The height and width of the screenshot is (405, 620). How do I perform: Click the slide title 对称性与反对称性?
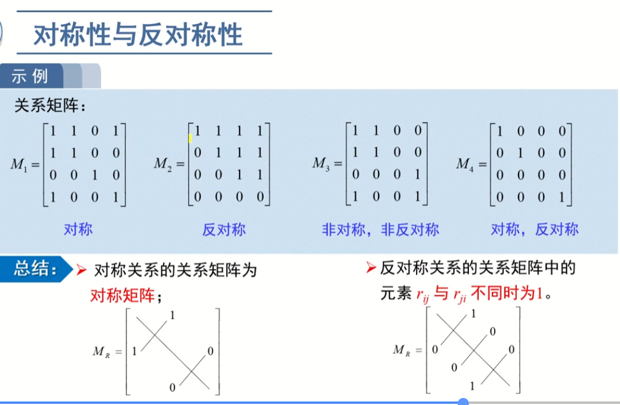pos(138,35)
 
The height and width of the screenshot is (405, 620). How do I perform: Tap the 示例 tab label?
pos(29,77)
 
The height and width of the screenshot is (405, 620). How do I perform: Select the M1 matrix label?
pos(20,164)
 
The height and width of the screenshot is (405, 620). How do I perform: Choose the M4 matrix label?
pos(466,164)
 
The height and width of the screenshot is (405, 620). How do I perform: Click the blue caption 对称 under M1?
pos(78,229)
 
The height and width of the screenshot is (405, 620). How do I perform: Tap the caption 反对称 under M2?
pos(224,229)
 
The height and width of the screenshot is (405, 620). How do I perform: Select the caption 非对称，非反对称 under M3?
pos(380,229)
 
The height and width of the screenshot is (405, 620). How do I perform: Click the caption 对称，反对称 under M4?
pos(534,229)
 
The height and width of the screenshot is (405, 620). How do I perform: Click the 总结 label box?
pos(35,271)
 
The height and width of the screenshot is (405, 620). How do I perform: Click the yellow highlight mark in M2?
pos(190,138)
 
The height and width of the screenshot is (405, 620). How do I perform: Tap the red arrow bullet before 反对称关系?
pos(370,268)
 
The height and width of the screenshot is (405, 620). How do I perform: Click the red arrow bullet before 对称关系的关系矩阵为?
pos(81,270)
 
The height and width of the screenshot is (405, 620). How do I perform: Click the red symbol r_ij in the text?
pos(423,295)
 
